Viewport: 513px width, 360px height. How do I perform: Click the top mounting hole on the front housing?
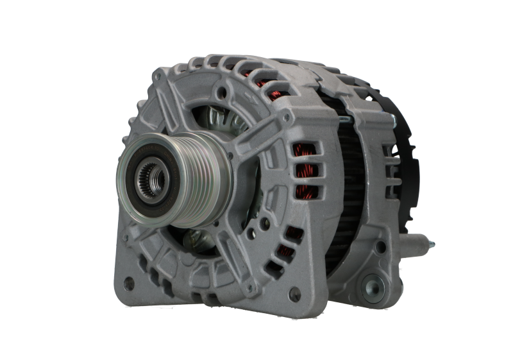[x=222, y=93]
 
